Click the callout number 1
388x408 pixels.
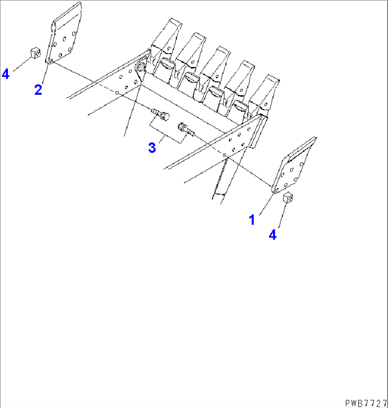252,220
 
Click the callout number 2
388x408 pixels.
38,89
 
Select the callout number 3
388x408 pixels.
152,147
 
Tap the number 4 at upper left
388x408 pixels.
5,74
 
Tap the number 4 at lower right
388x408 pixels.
273,235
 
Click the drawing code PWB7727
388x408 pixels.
366,403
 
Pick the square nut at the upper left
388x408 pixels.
35,53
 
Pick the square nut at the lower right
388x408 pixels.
288,198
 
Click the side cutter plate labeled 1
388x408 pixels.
294,166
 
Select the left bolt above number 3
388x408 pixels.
161,115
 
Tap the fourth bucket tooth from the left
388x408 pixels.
238,87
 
